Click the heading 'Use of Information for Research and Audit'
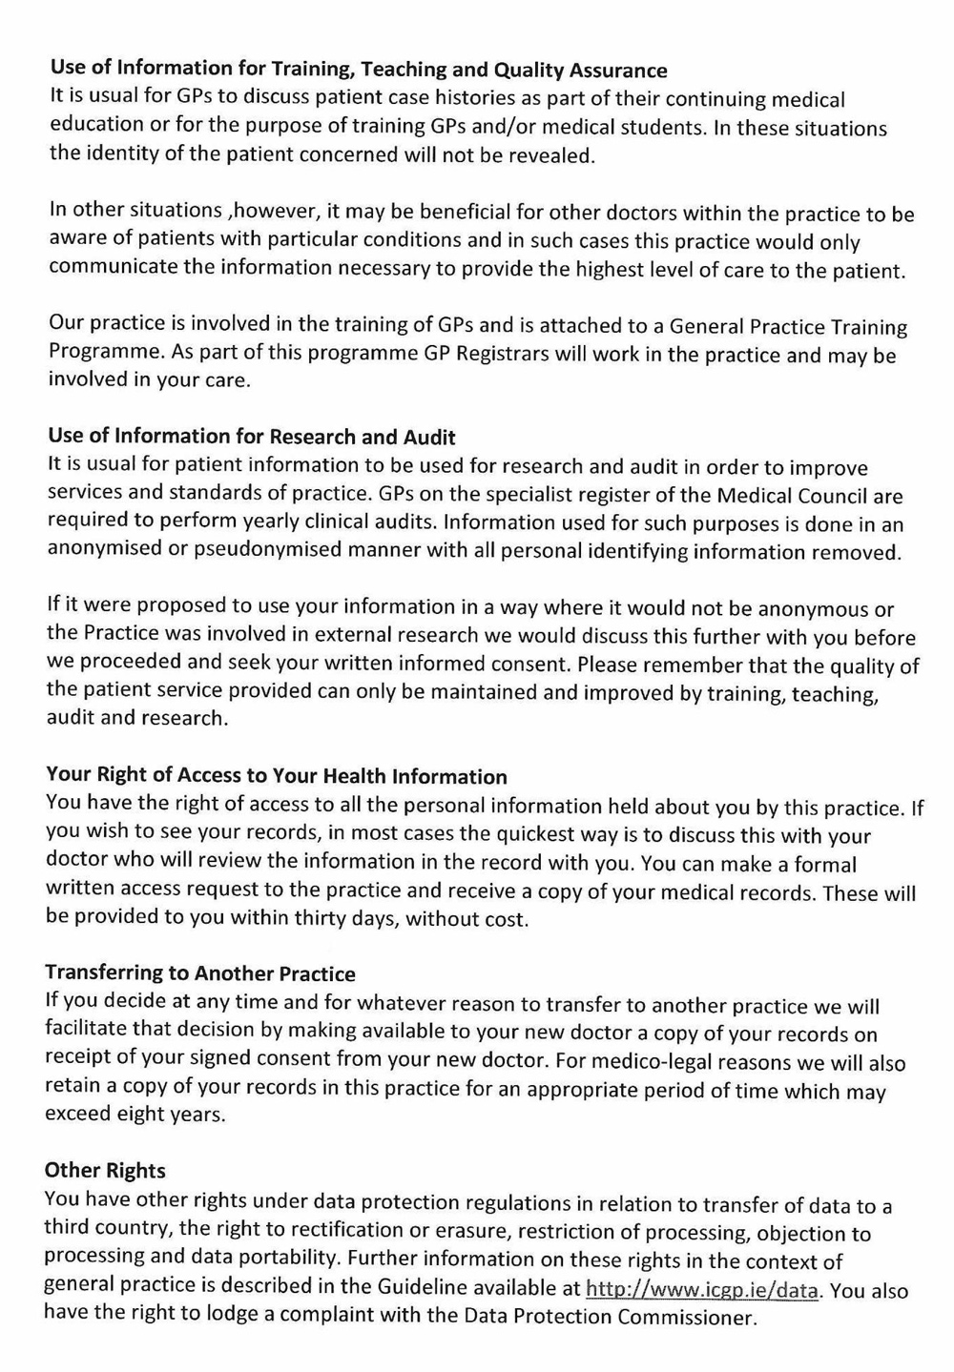click(252, 437)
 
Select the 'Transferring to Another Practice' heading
click(200, 973)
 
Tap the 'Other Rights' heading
click(105, 1170)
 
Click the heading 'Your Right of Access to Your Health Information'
click(277, 776)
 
